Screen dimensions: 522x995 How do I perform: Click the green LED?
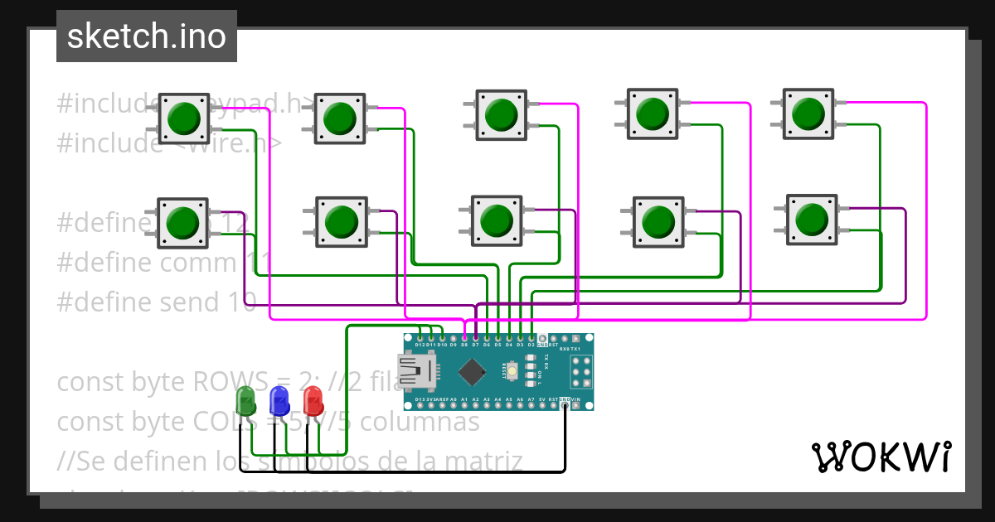coord(246,401)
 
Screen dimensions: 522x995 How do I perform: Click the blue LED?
coord(279,400)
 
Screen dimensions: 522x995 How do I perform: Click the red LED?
coord(313,400)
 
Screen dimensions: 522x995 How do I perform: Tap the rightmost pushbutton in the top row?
coord(808,114)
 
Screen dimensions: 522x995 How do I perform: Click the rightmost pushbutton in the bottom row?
coord(810,219)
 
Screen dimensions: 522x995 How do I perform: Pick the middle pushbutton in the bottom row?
coord(496,220)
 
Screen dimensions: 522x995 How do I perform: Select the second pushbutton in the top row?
coord(339,118)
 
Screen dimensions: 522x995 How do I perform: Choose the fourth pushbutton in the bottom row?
coord(658,221)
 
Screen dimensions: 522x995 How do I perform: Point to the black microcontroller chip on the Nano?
coord(471,372)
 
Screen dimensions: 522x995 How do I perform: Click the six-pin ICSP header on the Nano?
coord(581,374)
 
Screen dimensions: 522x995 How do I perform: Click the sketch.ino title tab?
coord(146,36)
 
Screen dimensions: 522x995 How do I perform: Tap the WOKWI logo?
coord(881,457)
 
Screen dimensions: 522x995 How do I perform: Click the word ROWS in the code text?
coord(246,382)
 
